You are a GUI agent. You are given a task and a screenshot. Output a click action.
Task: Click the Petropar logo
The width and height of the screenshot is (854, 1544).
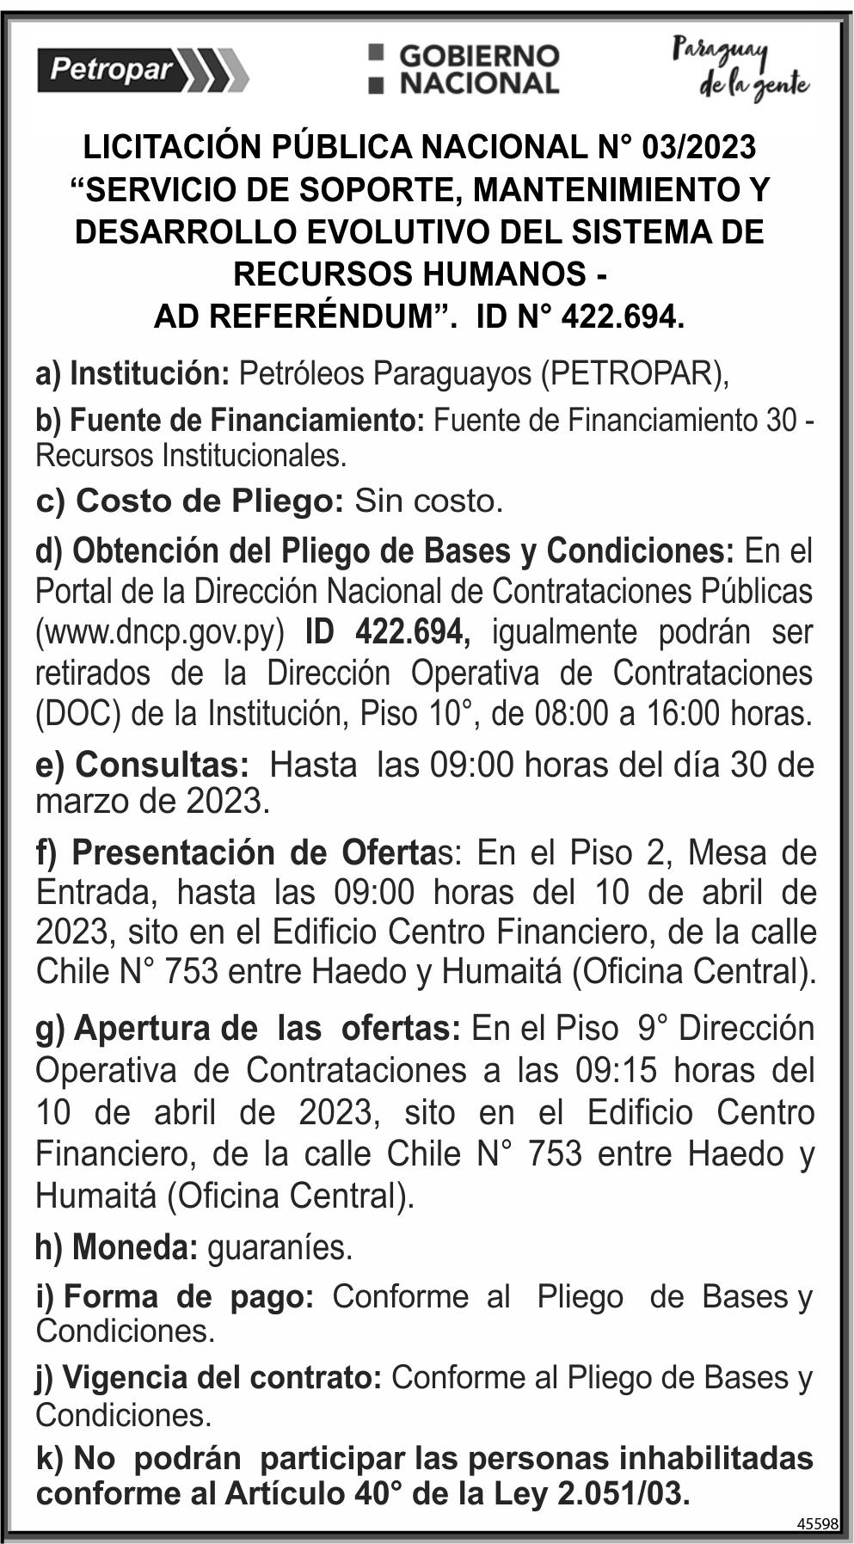click(x=143, y=70)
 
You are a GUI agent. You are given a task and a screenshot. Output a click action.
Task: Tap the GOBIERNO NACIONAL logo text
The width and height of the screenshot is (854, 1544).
click(x=465, y=70)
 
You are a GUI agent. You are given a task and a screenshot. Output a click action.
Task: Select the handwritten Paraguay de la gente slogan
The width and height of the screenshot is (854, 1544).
click(x=740, y=69)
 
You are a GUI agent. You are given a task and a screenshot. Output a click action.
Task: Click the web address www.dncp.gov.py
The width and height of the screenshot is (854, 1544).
click(x=159, y=632)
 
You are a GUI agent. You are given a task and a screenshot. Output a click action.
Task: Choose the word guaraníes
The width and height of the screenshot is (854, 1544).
click(x=280, y=1247)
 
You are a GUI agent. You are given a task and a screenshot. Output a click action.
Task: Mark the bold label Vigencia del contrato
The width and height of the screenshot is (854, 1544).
click(x=209, y=1378)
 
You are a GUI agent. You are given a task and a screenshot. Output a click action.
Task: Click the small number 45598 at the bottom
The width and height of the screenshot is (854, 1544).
click(x=817, y=1523)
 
